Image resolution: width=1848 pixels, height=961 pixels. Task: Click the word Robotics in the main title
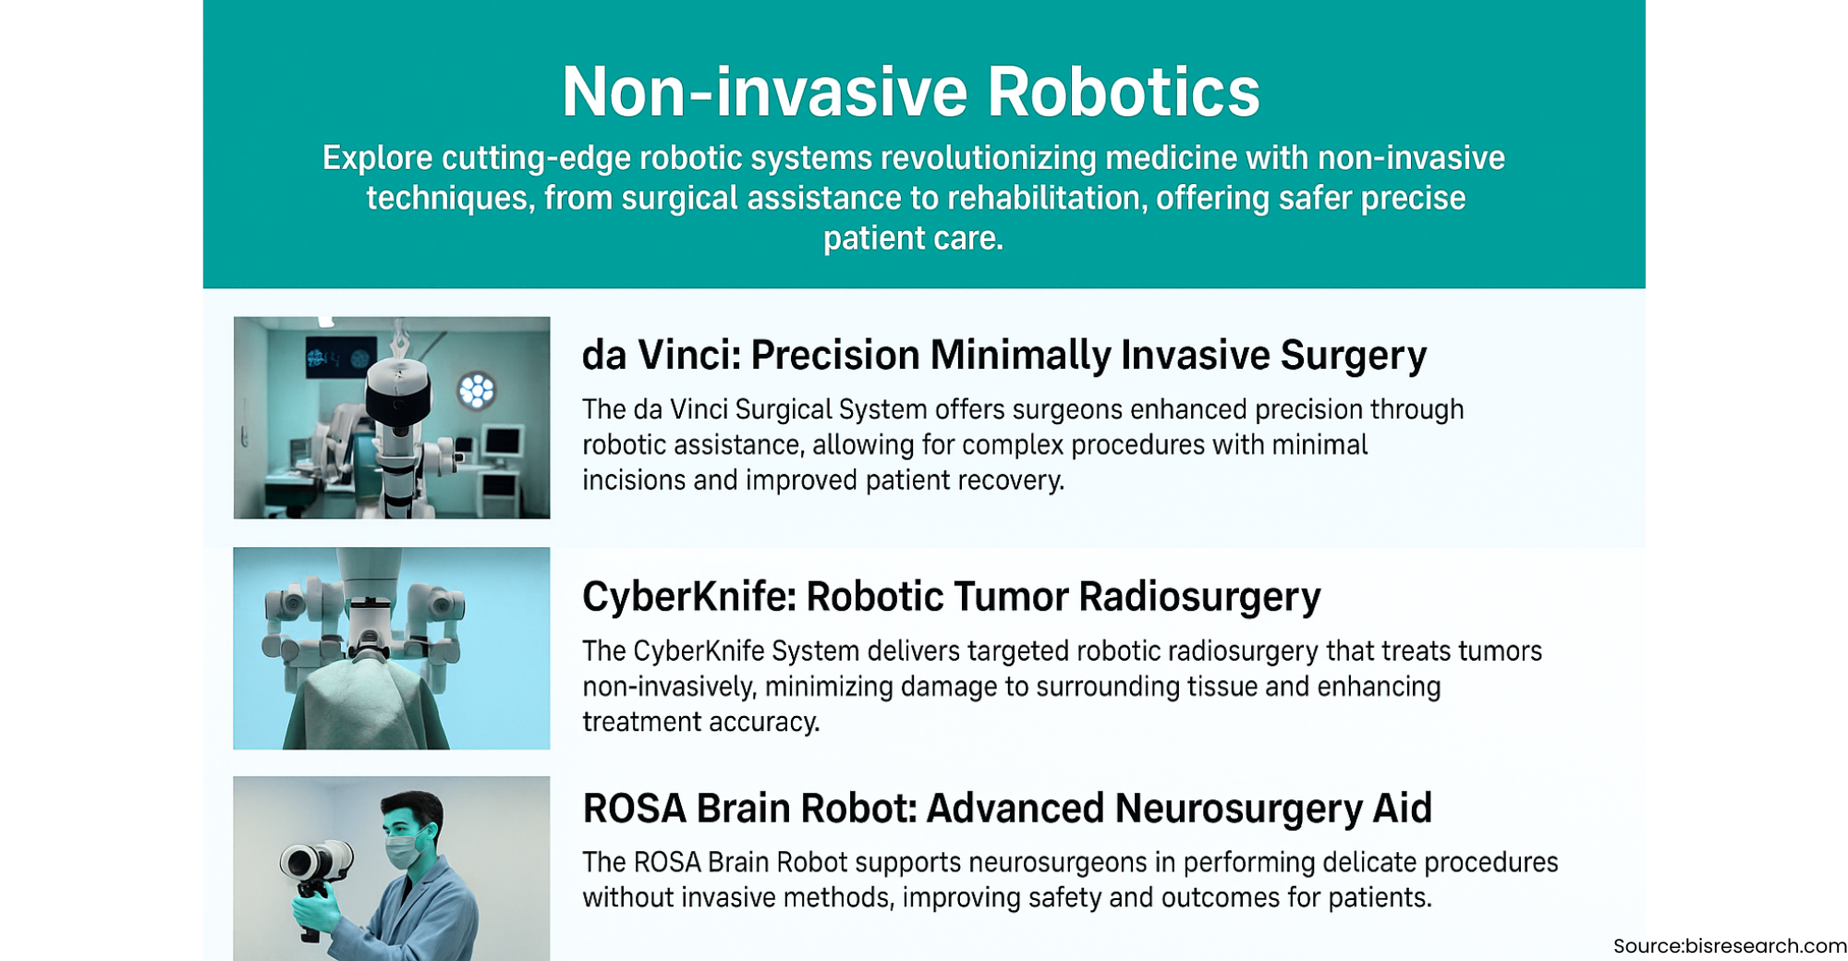click(1123, 91)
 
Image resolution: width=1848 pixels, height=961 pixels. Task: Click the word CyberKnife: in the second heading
click(688, 597)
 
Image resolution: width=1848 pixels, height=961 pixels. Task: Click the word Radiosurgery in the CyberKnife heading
click(1199, 597)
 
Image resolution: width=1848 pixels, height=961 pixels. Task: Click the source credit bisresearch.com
click(1766, 946)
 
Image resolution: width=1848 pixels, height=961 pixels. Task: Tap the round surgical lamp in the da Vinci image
click(477, 390)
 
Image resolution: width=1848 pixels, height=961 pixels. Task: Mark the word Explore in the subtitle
click(377, 159)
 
